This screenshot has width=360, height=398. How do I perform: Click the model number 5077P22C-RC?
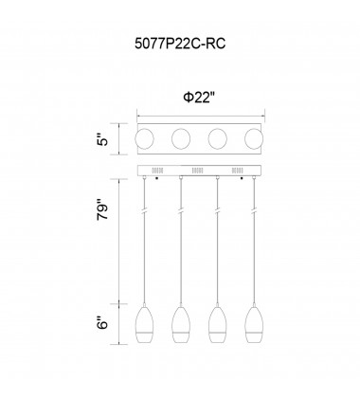180,44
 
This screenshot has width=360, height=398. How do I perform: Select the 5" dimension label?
103,139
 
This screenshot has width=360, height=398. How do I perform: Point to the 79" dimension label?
103,209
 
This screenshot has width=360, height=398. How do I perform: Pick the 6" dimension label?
103,321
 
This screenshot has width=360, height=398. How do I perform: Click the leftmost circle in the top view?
144,138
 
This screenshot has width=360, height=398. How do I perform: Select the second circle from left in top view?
181,138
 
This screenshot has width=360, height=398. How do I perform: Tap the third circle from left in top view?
217,138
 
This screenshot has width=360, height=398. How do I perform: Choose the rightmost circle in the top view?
254,138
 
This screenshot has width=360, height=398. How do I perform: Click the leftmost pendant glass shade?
144,325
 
